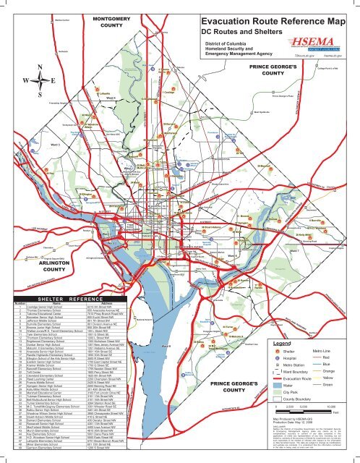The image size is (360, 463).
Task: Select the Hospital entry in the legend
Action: [x=275, y=360]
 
